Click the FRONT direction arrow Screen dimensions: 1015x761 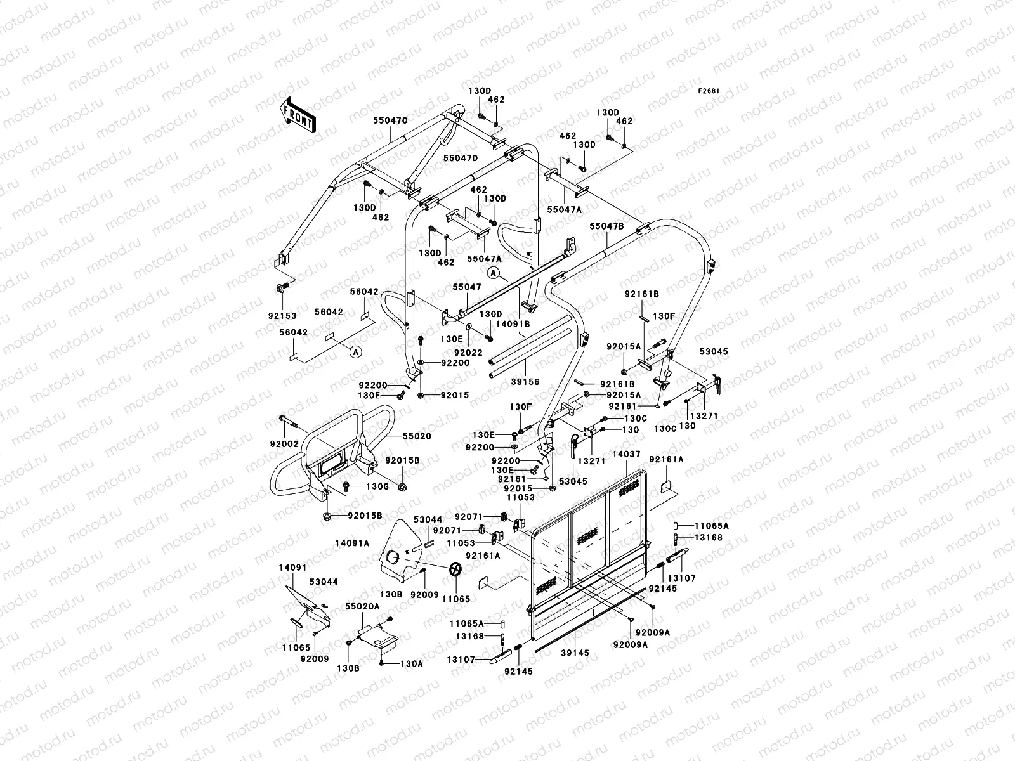tap(298, 115)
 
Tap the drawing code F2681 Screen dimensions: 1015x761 tap(709, 91)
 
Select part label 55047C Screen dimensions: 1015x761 tap(390, 120)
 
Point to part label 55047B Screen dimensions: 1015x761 tap(606, 226)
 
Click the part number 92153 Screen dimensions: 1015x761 tap(282, 316)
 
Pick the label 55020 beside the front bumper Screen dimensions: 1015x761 tap(417, 436)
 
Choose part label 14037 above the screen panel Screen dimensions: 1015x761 tap(626, 454)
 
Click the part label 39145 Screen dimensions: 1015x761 tap(575, 653)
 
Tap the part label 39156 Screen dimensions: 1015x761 tap(525, 382)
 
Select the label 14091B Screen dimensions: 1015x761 tap(513, 324)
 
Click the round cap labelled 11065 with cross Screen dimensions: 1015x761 tap(455, 569)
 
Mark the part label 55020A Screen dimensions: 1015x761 tap(362, 606)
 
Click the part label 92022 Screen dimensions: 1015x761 tap(468, 353)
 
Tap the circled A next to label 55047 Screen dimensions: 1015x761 tap(494, 273)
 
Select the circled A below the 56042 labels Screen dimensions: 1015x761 tap(356, 352)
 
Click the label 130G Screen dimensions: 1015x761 tap(378, 486)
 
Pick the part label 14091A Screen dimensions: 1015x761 tap(352, 543)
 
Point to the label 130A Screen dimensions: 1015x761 tap(412, 663)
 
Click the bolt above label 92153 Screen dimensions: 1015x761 tap(280, 289)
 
